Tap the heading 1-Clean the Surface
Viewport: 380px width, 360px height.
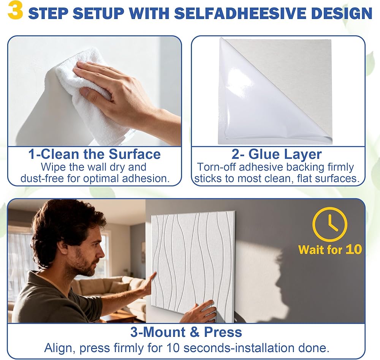(x=95, y=154)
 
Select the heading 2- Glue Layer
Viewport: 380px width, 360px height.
(x=277, y=154)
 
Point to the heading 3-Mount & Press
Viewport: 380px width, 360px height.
(x=186, y=332)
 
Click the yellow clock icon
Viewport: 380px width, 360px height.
(x=329, y=224)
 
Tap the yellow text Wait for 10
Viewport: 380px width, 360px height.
(x=330, y=249)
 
